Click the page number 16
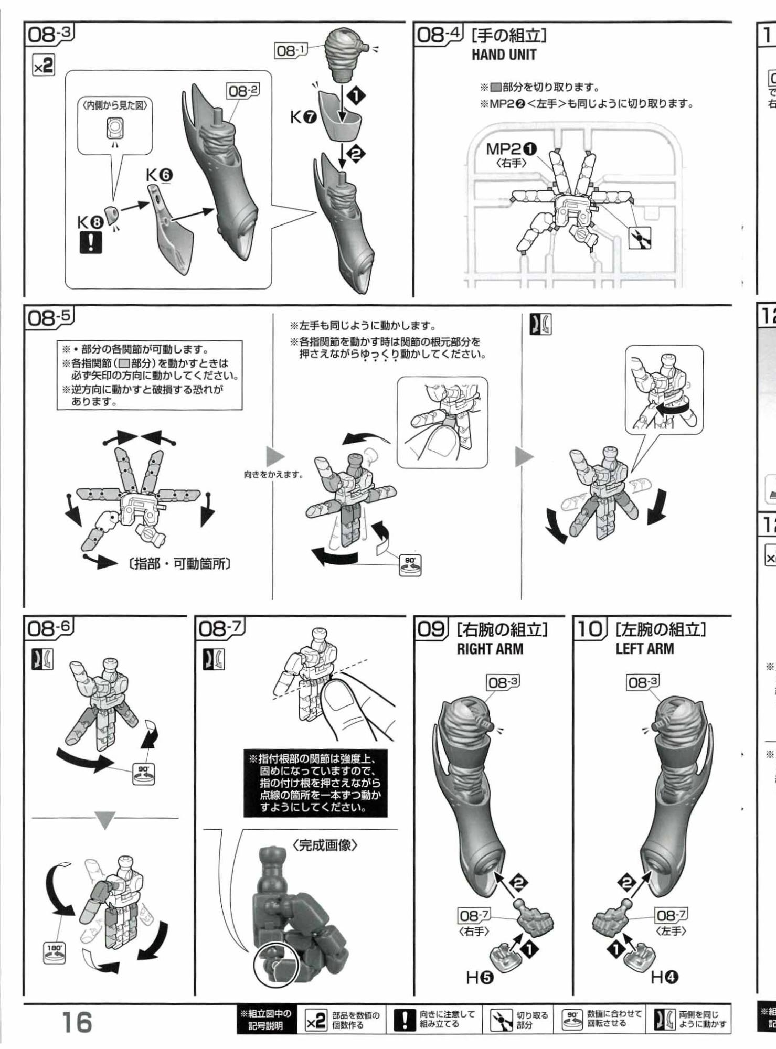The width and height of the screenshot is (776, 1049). (x=77, y=1022)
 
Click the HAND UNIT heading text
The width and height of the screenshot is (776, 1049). (x=504, y=55)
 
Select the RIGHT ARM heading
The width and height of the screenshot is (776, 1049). (x=490, y=648)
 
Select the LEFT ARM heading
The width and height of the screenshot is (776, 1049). (x=645, y=648)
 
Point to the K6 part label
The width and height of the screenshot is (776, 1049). (x=160, y=176)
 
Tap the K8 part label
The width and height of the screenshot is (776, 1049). (x=90, y=222)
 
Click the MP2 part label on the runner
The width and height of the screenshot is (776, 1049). (x=512, y=149)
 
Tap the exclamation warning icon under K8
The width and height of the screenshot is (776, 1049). (x=91, y=242)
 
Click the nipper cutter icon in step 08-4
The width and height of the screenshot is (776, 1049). (x=640, y=239)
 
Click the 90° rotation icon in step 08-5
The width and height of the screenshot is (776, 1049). (x=410, y=565)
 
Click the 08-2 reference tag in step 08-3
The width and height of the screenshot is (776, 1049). (x=243, y=91)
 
